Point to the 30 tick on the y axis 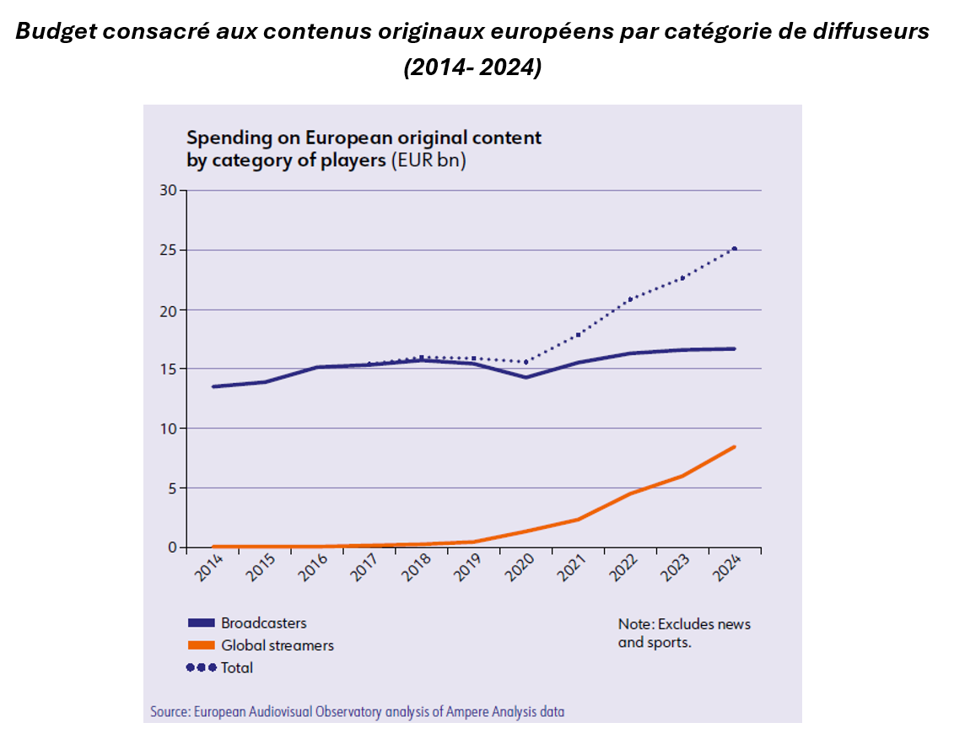[x=168, y=191]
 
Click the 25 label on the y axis [x=168, y=251]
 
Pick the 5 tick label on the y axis [x=171, y=488]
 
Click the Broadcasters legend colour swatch [x=200, y=623]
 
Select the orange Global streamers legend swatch [x=200, y=645]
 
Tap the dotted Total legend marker [x=200, y=667]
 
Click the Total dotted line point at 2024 [x=735, y=248]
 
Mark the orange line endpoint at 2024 [x=735, y=446]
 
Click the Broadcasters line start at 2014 [x=213, y=386]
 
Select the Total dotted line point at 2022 [x=630, y=299]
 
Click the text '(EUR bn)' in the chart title [x=428, y=160]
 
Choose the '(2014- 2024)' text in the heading [x=472, y=68]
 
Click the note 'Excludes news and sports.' [x=684, y=633]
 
